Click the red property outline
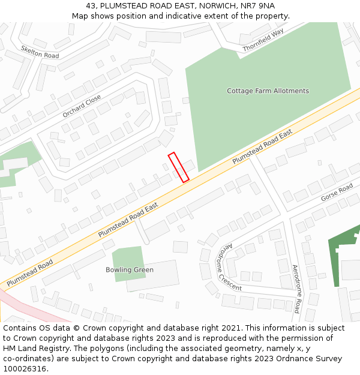(x=178, y=167)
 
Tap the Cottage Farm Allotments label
(x=268, y=91)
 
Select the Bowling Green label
(x=130, y=270)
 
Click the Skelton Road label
(x=40, y=52)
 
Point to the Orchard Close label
(x=82, y=107)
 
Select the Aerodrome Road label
(x=296, y=288)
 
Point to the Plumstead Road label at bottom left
(x=30, y=272)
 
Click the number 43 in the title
(x=91, y=5)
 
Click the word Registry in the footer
(x=62, y=349)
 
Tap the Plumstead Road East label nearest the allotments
(x=262, y=146)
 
